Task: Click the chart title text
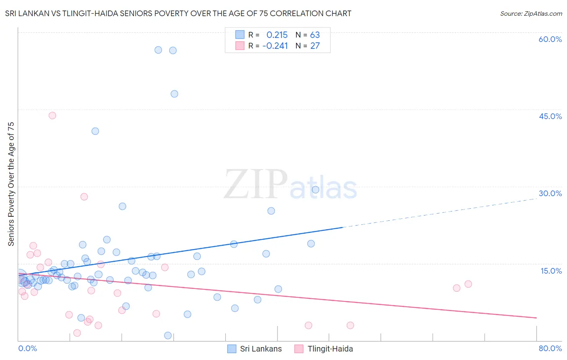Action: pos(178,13)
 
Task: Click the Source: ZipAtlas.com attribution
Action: pos(531,13)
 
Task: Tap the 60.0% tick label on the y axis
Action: pos(550,39)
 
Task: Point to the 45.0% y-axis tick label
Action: pos(550,116)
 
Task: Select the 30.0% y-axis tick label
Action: pos(550,193)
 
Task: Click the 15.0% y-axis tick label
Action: pos(551,271)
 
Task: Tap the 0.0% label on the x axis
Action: pos(27,348)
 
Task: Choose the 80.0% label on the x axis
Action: pos(550,348)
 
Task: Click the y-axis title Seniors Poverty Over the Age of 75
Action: pos(11,184)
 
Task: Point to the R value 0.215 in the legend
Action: pos(277,35)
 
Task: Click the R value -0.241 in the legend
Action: pos(275,46)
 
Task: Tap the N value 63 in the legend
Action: pos(315,35)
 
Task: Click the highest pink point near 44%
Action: pos(52,115)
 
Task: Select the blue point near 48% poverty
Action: pos(174,94)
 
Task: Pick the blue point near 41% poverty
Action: pos(95,131)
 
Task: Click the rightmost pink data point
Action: pos(468,284)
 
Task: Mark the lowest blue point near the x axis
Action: pos(168,335)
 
